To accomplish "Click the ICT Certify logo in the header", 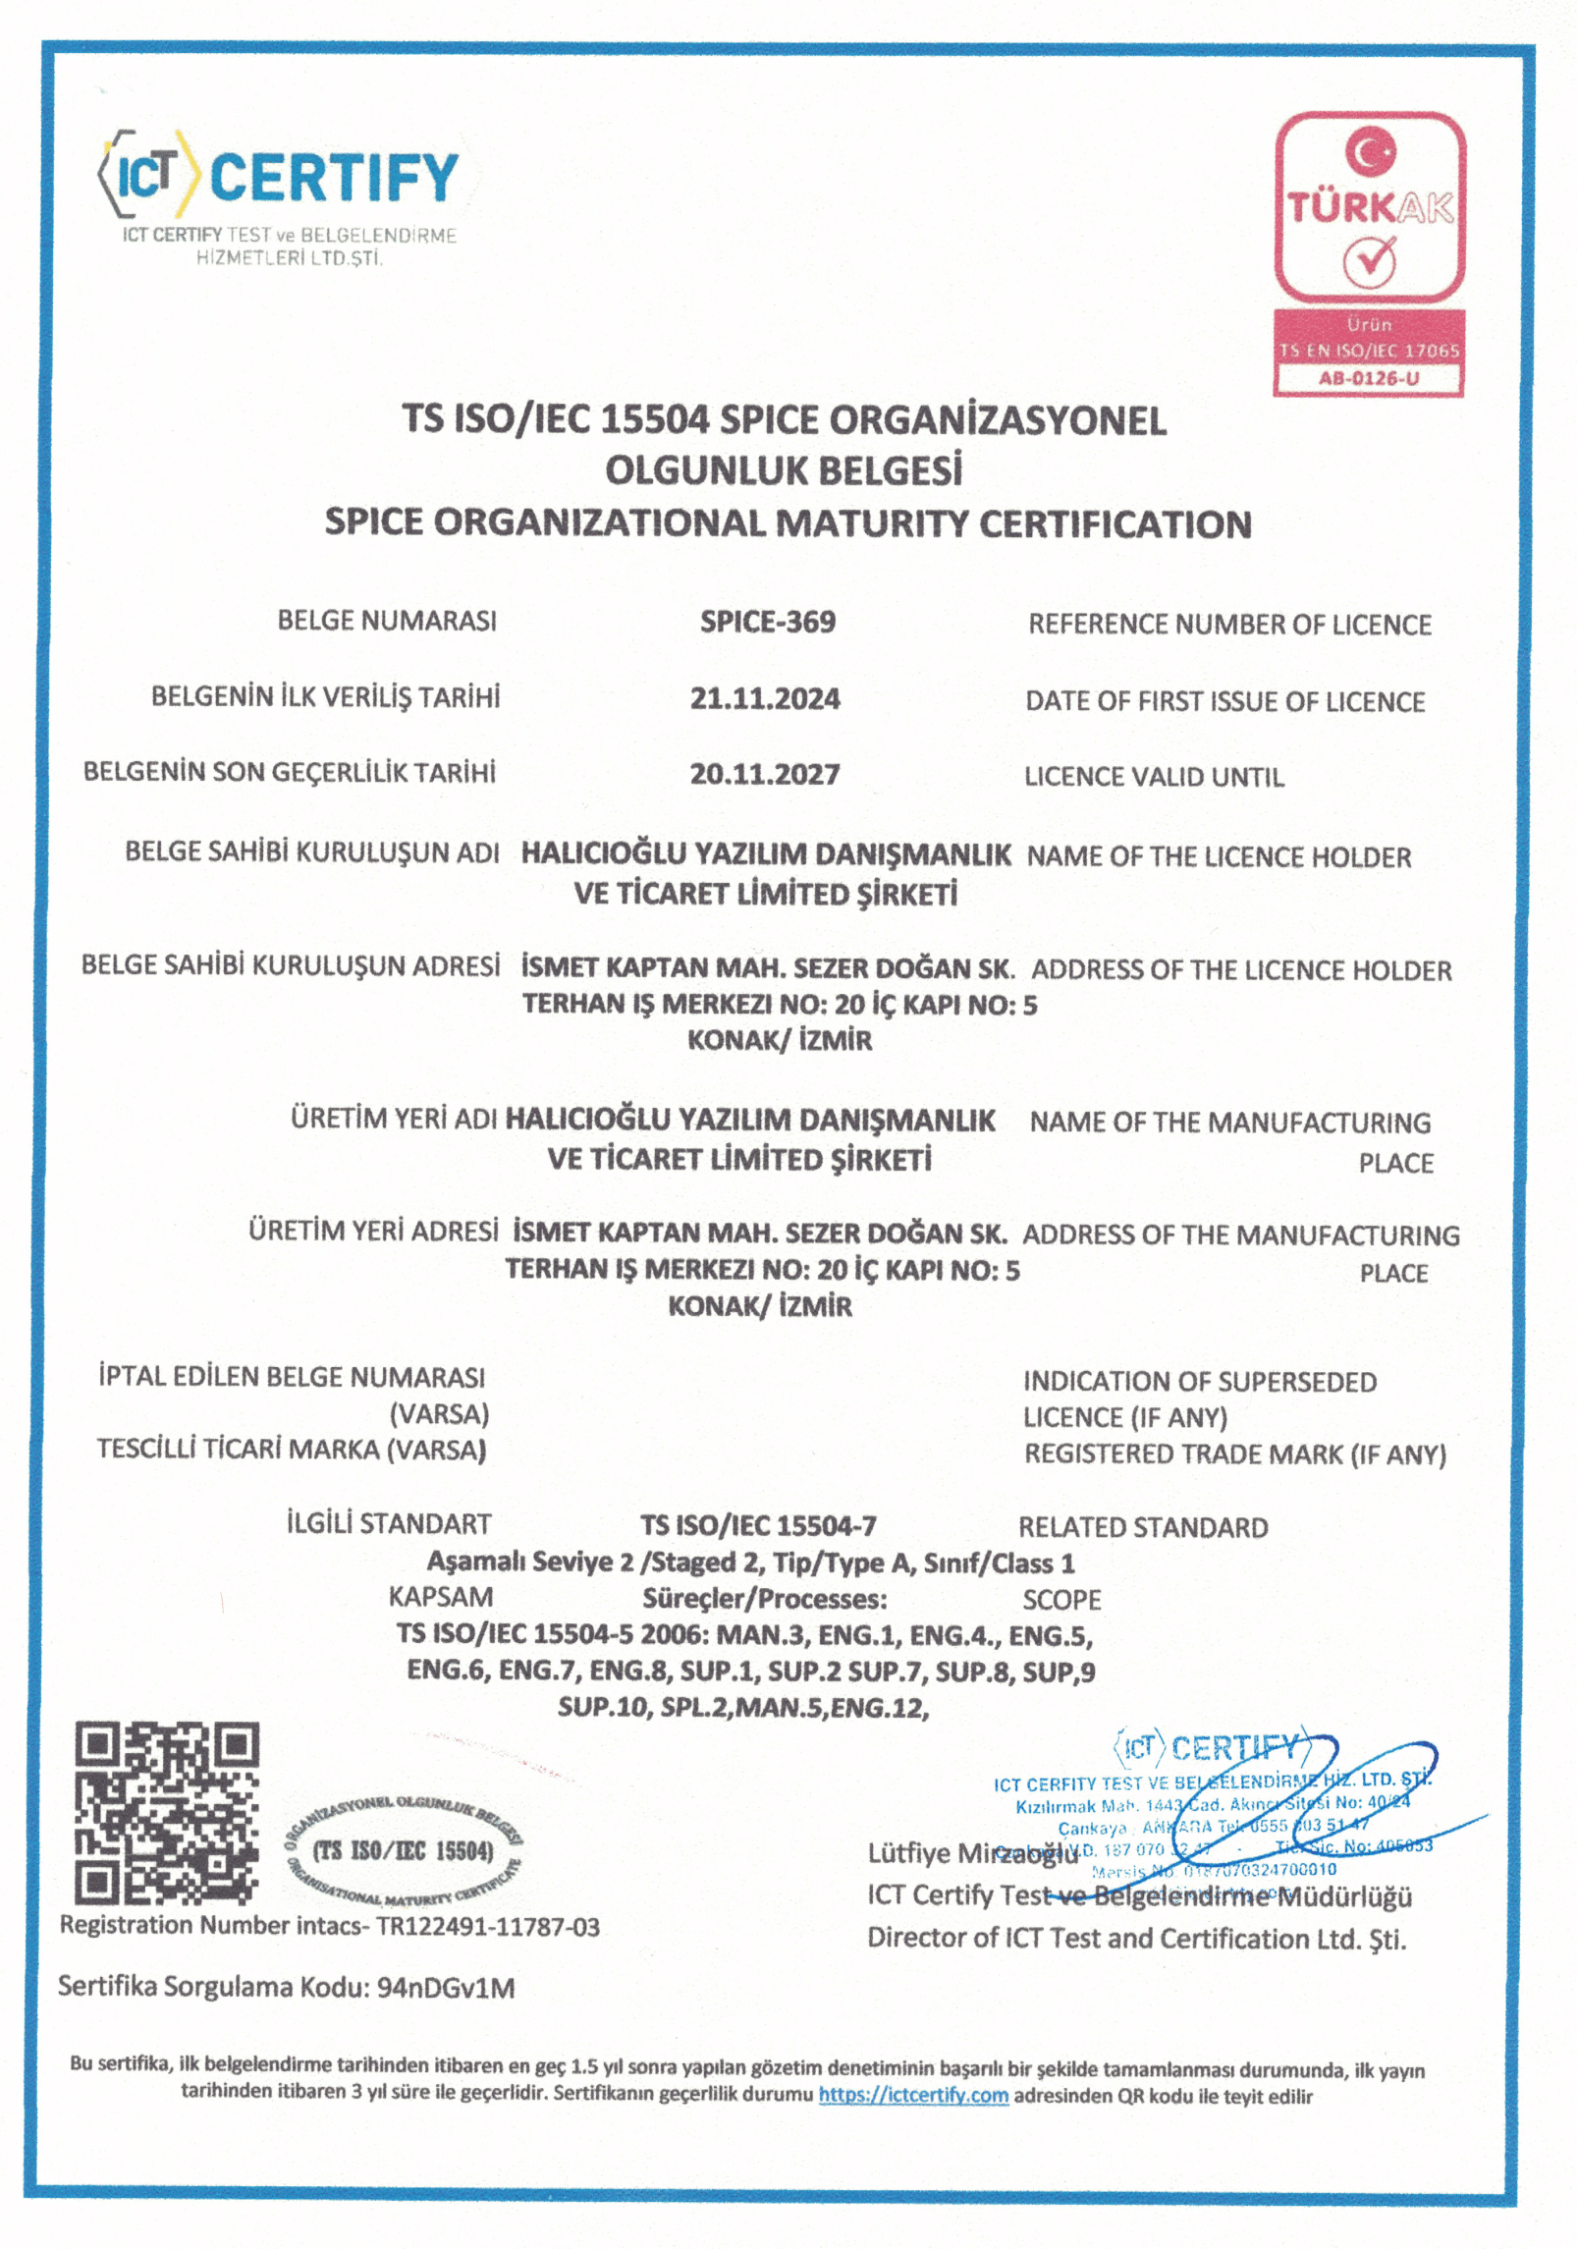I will tap(278, 177).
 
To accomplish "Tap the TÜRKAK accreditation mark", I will tap(1370, 207).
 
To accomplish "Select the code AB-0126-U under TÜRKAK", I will tap(1369, 378).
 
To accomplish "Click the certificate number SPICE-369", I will tap(767, 622).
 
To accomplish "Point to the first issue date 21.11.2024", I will tap(764, 698).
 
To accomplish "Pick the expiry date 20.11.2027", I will tap(764, 774).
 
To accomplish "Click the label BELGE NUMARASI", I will tap(387, 621).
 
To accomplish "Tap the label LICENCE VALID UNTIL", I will tap(1154, 777).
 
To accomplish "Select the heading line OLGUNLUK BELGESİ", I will tap(783, 470).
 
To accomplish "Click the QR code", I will tap(168, 1812).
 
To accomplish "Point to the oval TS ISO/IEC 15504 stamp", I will tap(404, 1851).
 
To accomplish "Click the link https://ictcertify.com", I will tap(913, 2095).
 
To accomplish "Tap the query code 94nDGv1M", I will tap(446, 1988).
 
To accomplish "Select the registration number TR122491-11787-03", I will tap(488, 1927).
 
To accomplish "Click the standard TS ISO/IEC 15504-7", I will tap(758, 1525).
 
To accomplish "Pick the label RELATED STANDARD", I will tap(1143, 1527).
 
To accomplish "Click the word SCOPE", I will tap(1061, 1600).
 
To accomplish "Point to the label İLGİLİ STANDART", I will tap(389, 1523).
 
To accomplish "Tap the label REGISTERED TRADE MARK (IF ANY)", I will tap(1235, 1454).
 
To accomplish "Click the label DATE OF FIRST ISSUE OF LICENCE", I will tap(1224, 701).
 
